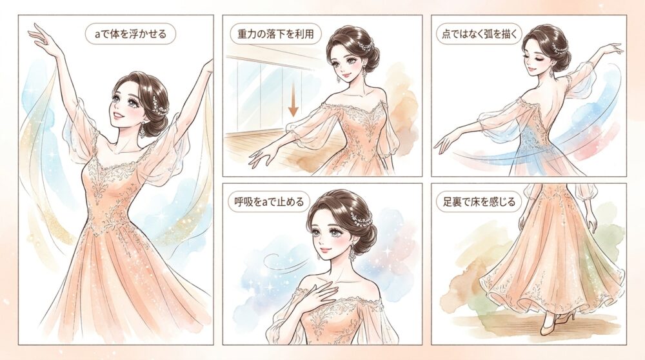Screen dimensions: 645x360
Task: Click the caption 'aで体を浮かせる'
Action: tap(130, 34)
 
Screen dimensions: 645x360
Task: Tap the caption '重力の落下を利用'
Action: tap(275, 34)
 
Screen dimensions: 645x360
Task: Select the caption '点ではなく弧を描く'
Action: tap(479, 34)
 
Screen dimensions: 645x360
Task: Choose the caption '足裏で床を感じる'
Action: tap(479, 201)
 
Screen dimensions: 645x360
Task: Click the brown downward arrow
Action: tap(293, 99)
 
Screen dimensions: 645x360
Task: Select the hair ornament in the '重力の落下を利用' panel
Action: tap(364, 44)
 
